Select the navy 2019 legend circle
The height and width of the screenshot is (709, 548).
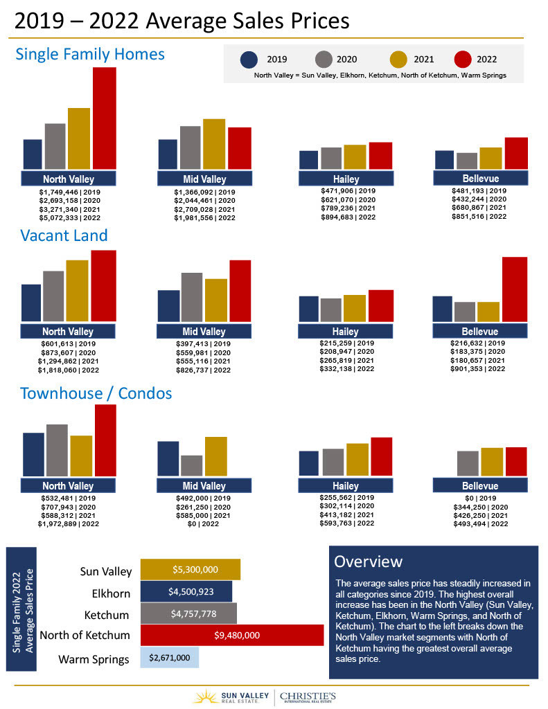click(249, 60)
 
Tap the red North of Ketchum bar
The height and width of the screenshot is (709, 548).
click(231, 635)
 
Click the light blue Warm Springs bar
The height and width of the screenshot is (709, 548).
click(169, 657)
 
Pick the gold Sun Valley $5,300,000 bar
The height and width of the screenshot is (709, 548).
click(190, 570)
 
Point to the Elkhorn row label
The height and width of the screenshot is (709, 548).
click(111, 593)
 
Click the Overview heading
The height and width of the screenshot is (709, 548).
click(368, 561)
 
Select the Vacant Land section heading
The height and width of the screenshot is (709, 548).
click(64, 235)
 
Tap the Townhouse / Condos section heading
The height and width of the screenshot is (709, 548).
click(96, 394)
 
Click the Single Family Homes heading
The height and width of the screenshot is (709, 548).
click(90, 54)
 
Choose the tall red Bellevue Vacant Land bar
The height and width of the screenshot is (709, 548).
click(514, 289)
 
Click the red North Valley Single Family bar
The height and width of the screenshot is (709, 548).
click(104, 118)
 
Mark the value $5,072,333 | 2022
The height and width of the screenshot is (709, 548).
click(69, 217)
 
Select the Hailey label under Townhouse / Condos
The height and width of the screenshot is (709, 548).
click(345, 486)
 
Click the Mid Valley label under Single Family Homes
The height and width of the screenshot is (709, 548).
click(204, 179)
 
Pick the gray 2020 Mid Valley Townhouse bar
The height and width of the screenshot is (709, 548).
click(191, 465)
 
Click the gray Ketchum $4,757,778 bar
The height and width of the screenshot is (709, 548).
click(188, 613)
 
